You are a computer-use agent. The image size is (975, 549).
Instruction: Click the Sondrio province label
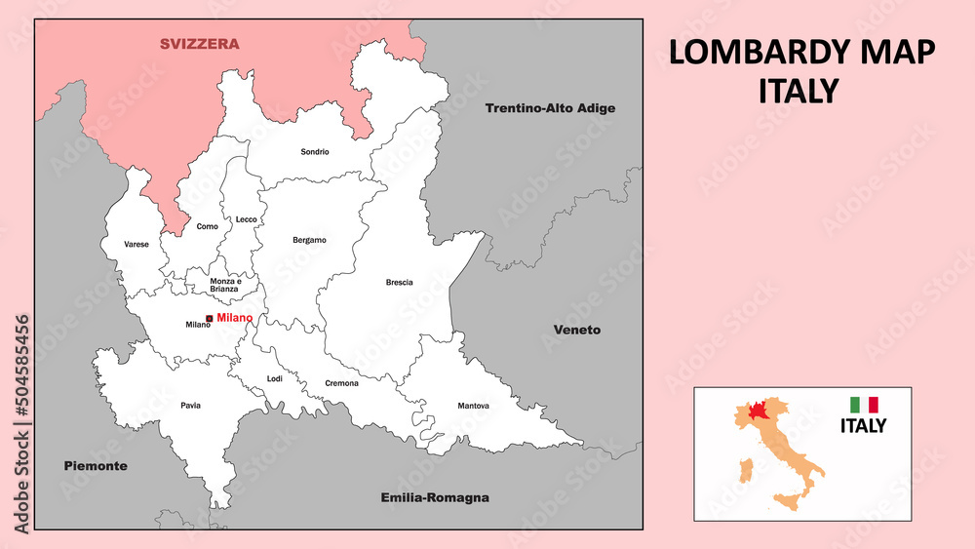315,152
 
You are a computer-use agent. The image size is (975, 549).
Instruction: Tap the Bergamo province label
309,240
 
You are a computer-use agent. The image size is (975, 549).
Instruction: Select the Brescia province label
399,283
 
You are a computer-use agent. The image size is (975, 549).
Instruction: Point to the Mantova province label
473,406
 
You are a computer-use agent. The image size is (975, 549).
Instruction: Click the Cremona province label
341,383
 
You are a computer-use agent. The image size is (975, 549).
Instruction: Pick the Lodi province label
274,379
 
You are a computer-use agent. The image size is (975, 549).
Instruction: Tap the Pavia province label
190,405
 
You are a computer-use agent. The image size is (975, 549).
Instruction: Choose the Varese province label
136,245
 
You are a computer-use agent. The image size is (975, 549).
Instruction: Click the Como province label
208,226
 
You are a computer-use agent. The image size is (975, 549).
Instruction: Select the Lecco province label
247,219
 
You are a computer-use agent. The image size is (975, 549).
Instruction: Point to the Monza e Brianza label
225,286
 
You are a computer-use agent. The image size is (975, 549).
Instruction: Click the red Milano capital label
234,318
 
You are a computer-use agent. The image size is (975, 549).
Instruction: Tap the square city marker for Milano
210,319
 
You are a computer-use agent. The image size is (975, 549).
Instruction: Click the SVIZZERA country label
200,44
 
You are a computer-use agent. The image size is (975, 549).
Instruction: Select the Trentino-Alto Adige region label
550,108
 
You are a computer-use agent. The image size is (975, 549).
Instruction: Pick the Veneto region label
577,330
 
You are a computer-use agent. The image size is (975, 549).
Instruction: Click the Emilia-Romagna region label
434,497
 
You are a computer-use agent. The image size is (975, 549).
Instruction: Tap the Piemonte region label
96,466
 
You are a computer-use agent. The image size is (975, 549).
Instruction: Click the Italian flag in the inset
864,404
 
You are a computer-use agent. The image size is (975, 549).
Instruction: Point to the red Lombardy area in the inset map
758,411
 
